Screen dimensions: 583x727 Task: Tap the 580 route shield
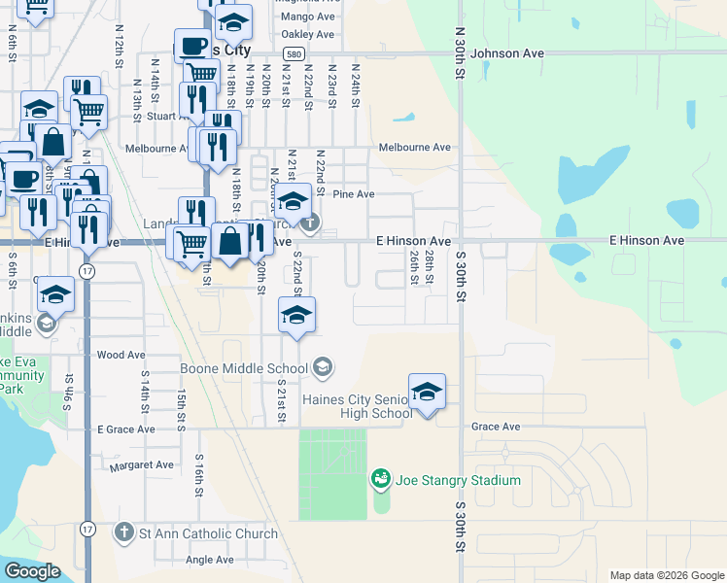tap(295, 53)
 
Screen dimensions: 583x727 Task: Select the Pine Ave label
tap(353, 194)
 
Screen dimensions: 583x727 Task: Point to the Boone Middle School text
tap(243, 368)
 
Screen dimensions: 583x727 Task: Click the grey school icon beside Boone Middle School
tap(324, 367)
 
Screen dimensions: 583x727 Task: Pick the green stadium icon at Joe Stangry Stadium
tap(380, 479)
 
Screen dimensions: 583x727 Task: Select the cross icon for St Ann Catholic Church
tap(123, 532)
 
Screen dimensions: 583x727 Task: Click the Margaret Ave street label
tap(142, 465)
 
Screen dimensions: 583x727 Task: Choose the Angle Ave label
tap(210, 560)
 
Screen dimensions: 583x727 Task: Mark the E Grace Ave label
tap(125, 429)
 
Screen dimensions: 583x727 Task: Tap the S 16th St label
tap(198, 476)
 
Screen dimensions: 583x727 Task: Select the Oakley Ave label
tap(307, 34)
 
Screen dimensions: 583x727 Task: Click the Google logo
tap(32, 571)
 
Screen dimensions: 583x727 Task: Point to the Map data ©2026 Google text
tap(666, 575)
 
